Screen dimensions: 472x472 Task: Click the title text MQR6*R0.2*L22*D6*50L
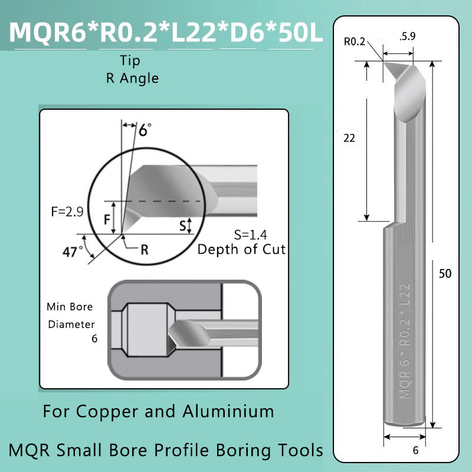point(166,34)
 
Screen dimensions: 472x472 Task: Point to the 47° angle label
point(73,252)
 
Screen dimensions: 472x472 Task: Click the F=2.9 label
point(66,211)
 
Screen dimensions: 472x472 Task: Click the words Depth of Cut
point(241,249)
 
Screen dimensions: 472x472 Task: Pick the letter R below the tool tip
point(144,249)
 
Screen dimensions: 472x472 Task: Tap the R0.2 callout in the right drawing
point(355,41)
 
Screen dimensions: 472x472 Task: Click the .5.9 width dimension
point(407,37)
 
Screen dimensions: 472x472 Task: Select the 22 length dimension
point(349,138)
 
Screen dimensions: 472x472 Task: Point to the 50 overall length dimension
point(445,274)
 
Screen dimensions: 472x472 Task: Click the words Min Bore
point(70,307)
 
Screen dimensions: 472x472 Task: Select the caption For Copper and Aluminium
point(158,411)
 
